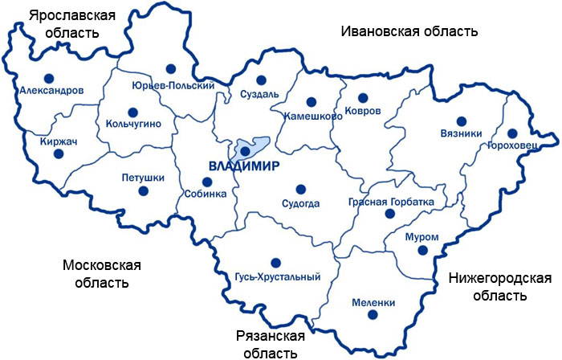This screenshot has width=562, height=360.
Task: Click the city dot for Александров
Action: pos(48,78)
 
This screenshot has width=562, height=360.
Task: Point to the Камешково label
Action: pos(313,116)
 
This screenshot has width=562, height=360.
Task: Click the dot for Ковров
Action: pos(362,97)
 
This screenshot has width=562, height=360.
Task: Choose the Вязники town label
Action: pos(461,133)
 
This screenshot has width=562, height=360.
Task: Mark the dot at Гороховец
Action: pos(512,133)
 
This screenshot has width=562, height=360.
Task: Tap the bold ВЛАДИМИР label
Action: pos(242,166)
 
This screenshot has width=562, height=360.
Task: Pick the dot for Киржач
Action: pos(58,153)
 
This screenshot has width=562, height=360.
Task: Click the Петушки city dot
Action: pos(144,190)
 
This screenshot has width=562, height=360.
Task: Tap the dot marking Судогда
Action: pos(300,190)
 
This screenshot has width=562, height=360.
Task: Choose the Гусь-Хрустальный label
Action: pos(278,277)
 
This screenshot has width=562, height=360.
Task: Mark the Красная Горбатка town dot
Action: pos(389,214)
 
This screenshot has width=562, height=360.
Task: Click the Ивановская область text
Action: pos(409,31)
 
